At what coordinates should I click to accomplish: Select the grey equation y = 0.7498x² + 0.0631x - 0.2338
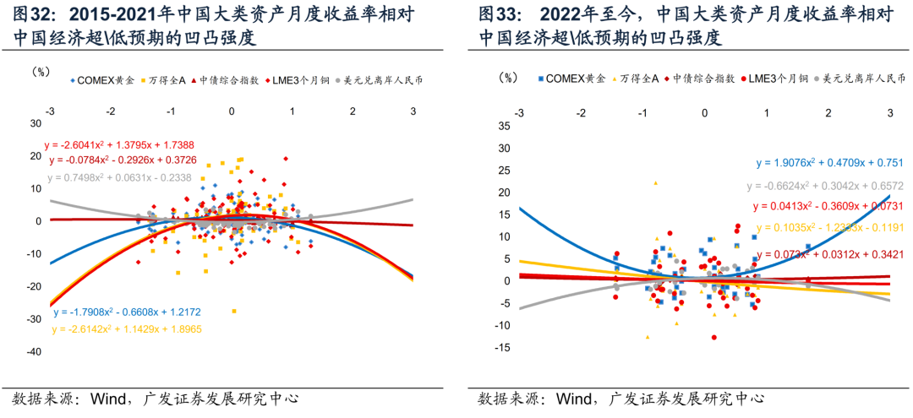click(119, 177)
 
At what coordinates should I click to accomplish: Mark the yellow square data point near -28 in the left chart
click(234, 311)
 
